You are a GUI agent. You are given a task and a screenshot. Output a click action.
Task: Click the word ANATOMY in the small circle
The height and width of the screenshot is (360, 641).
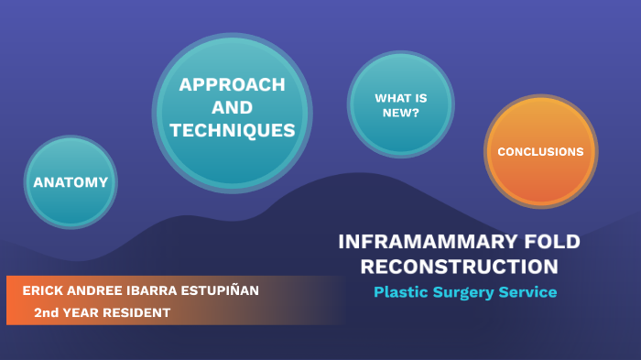71,182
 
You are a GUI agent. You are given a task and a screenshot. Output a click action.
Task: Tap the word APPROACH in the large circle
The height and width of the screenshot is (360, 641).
232,85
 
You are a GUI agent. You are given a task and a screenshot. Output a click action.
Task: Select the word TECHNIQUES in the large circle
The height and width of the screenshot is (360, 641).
232,131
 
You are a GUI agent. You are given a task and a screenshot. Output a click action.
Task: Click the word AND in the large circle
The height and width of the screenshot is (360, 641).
232,108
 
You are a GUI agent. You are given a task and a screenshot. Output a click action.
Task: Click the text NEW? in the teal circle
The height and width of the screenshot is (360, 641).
400,113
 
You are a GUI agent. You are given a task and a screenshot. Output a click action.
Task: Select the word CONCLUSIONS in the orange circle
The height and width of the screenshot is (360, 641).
540,152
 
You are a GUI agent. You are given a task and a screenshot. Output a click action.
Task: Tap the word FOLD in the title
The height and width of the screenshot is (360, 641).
546,243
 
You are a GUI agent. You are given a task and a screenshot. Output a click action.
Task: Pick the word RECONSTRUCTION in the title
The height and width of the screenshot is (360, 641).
459,267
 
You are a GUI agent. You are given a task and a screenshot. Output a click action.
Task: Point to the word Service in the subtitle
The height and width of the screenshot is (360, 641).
529,292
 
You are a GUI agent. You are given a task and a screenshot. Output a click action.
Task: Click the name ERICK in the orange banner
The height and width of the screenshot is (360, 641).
43,290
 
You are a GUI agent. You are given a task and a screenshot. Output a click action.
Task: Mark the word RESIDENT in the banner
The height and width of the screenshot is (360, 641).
138,312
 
